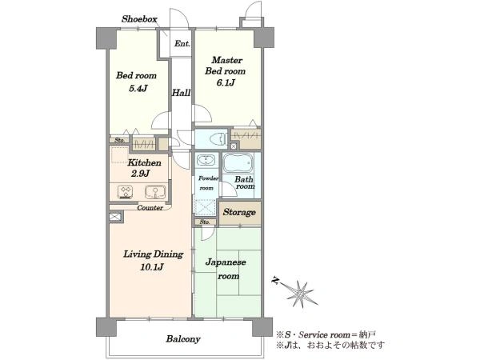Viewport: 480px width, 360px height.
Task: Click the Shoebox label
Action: point(139,19)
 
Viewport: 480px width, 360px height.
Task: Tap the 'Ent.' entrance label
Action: point(182,43)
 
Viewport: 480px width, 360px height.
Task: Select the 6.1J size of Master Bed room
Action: point(226,82)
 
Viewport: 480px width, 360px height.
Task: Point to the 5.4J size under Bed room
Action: point(138,89)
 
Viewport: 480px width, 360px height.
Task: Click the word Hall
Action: point(181,93)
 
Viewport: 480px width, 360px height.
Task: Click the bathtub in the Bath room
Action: point(238,163)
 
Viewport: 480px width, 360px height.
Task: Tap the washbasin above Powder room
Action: point(206,160)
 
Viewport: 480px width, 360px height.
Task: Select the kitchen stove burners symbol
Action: point(126,192)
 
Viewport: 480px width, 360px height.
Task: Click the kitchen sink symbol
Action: point(155,192)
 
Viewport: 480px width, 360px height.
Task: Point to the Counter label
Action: point(150,208)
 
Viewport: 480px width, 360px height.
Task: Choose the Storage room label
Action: point(239,212)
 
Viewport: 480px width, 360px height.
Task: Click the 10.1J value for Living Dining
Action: point(152,267)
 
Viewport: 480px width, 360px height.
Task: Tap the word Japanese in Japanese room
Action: point(226,262)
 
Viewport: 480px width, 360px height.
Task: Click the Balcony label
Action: point(183,339)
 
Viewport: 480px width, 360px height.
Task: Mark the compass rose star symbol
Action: point(302,294)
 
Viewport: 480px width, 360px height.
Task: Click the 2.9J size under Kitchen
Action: point(140,174)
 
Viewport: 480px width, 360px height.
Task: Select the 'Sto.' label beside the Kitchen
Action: point(119,140)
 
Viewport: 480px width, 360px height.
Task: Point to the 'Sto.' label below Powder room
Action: point(205,222)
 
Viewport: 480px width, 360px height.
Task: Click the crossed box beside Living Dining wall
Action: point(115,217)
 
